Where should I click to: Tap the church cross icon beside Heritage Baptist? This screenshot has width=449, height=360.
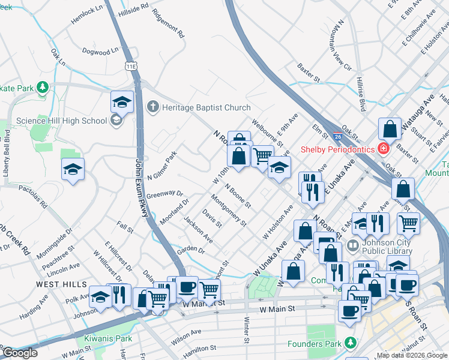point(153,107)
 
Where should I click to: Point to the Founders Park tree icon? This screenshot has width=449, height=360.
point(349,343)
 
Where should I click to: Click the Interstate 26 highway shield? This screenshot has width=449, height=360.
point(339,128)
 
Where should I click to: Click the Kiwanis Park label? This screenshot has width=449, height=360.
point(107,338)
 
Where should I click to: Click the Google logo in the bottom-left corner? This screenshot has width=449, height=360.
point(20,353)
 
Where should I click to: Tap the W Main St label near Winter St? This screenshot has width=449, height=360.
point(279,310)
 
